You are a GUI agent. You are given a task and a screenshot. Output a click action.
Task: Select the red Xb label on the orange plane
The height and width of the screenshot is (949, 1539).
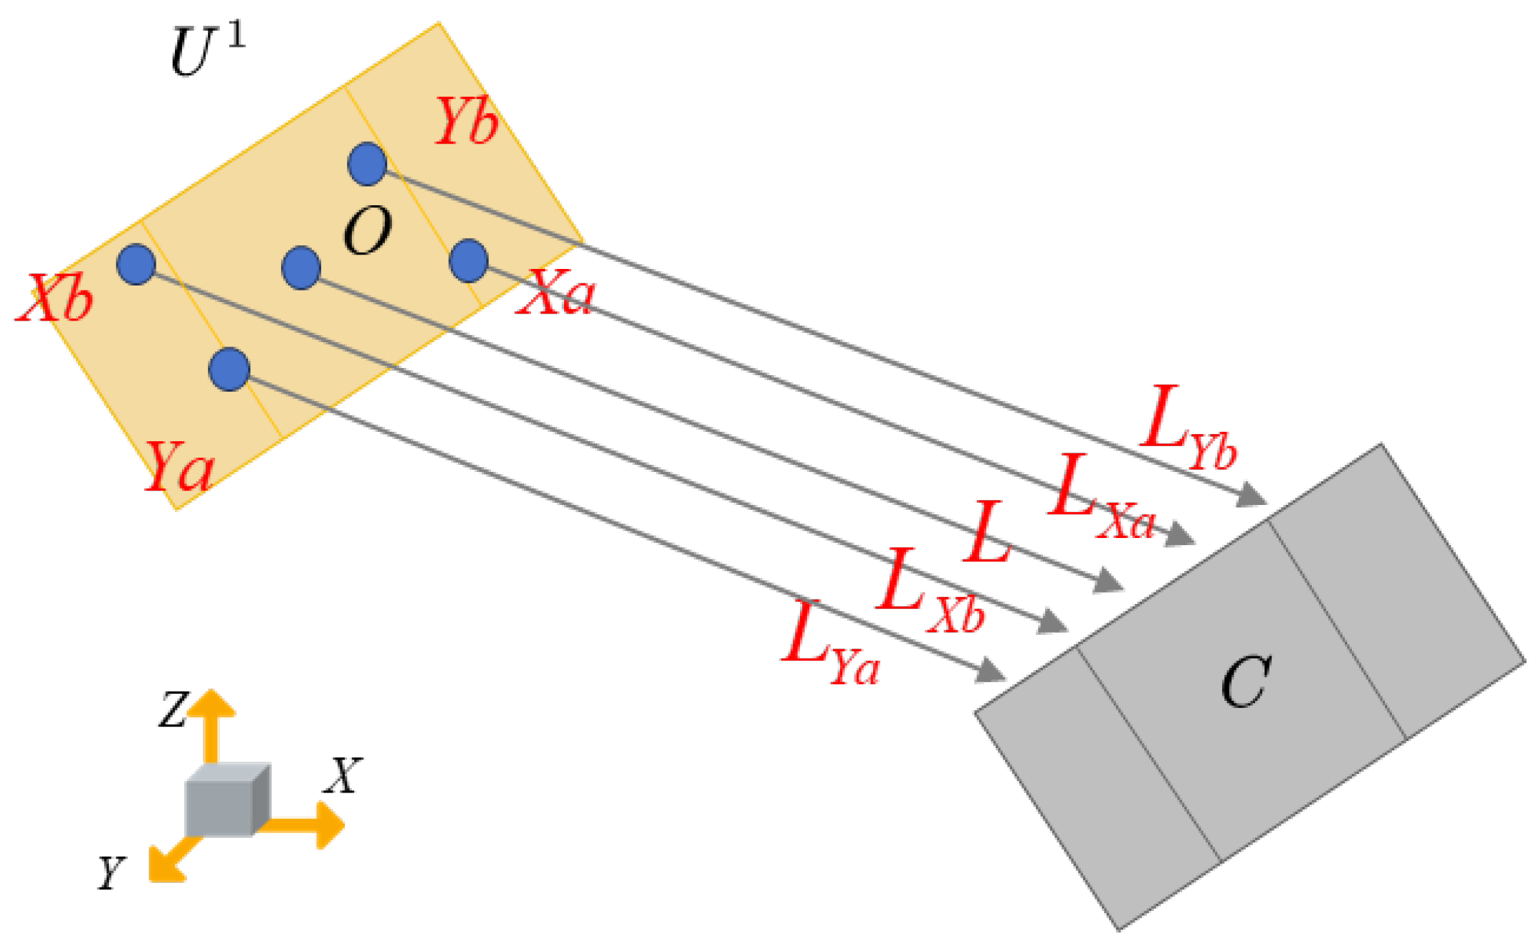(x=56, y=297)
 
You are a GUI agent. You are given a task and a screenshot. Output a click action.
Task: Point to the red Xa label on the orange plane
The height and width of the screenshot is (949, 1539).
(x=556, y=293)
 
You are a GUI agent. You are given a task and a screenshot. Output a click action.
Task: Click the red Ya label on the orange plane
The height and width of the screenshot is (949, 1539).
(x=179, y=466)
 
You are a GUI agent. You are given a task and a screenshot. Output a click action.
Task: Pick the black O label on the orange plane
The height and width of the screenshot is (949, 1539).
(x=368, y=231)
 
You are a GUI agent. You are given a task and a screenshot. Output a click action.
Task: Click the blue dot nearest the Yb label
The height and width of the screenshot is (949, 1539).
(x=367, y=164)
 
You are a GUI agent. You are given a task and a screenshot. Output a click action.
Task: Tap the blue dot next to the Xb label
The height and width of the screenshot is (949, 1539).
(x=136, y=264)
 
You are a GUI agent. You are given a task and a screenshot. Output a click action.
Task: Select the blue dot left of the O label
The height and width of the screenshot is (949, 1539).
(x=301, y=268)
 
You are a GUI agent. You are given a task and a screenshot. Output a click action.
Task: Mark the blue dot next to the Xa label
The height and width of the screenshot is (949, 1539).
(x=469, y=260)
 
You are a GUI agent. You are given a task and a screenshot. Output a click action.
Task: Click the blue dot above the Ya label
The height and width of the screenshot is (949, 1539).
(x=229, y=369)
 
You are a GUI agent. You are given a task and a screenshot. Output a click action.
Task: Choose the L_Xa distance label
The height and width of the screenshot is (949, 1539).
(x=1100, y=497)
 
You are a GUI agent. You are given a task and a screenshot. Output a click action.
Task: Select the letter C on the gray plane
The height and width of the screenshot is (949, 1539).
(x=1246, y=682)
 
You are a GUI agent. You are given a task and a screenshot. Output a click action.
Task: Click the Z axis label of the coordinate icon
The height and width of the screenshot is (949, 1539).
(x=173, y=709)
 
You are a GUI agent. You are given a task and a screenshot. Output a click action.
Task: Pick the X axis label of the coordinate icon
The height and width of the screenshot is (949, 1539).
(x=343, y=775)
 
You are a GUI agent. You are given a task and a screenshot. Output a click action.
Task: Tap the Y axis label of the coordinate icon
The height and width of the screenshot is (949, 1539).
(x=112, y=872)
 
